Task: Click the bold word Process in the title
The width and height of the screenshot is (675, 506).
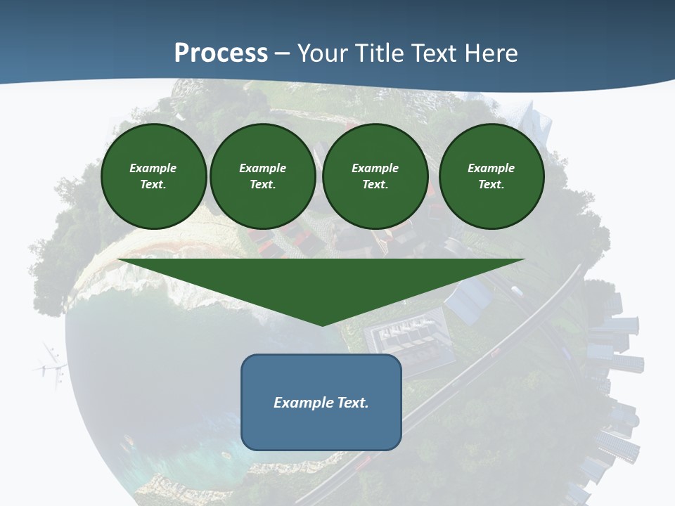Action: click(x=221, y=53)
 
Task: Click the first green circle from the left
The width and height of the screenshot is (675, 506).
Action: click(x=153, y=176)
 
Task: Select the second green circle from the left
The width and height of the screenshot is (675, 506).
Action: click(x=262, y=176)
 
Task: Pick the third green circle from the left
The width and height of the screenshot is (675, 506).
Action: click(x=375, y=176)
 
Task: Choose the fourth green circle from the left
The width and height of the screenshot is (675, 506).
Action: click(x=491, y=176)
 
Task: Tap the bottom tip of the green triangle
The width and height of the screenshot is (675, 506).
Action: click(x=322, y=324)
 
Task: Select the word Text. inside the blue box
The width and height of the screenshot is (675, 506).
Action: click(x=352, y=403)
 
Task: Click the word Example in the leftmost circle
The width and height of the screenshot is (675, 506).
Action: click(x=153, y=168)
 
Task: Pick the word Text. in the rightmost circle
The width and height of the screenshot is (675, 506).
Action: click(x=491, y=185)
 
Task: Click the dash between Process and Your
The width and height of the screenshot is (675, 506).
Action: click(x=283, y=53)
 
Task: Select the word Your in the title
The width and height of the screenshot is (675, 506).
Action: click(x=324, y=53)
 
